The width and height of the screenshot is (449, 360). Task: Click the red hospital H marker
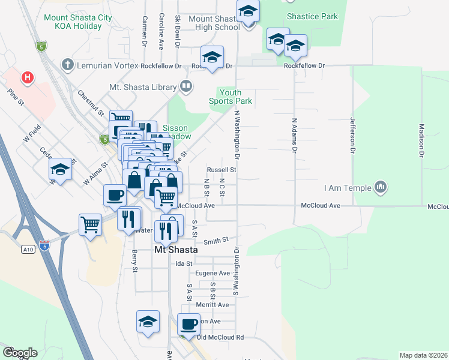[x=26, y=77]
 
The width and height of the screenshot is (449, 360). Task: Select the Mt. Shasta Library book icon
[x=186, y=87]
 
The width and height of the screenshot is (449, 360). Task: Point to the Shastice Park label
[x=312, y=17]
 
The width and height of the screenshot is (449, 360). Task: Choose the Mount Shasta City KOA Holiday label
[x=78, y=22]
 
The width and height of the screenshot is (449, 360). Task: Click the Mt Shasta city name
[x=176, y=250]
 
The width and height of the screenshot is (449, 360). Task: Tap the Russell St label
[x=221, y=170]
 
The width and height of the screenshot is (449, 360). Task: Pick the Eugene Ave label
[x=216, y=273]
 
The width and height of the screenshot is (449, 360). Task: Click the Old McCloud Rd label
[x=220, y=337]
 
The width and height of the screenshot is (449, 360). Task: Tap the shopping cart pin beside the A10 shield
[x=90, y=225]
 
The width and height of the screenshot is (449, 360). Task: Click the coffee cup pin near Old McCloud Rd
[x=189, y=324]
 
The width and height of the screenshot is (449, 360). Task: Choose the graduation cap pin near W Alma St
[x=61, y=170]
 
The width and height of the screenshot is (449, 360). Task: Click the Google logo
[x=20, y=352]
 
